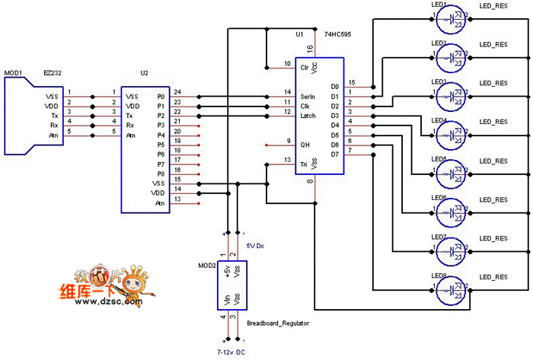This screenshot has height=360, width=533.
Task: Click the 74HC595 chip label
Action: [337, 35]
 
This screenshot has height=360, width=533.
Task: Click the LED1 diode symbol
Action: [455, 19]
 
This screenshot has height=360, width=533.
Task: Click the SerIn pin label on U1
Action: [308, 97]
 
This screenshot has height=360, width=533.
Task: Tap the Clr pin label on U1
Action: [305, 67]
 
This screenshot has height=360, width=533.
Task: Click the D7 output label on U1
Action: [334, 155]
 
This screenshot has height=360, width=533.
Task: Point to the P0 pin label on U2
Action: [160, 97]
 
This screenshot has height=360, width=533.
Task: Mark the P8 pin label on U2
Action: [160, 174]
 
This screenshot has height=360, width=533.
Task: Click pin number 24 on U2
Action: [177, 92]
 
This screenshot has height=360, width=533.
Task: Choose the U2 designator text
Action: [145, 73]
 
